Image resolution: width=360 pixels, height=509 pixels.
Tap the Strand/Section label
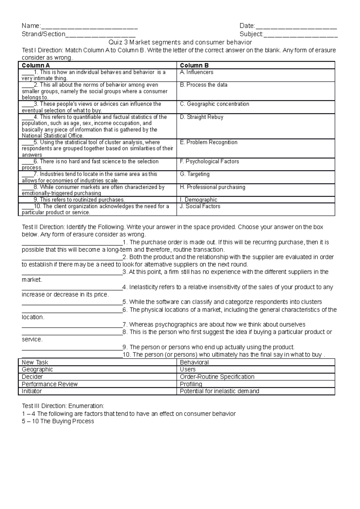tap(43, 34)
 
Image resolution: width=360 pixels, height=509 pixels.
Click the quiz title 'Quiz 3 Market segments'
tap(180, 42)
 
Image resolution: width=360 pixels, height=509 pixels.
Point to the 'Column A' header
tap(36, 65)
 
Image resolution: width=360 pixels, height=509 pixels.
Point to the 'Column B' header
tap(194, 65)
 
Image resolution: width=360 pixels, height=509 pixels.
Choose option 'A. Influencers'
tap(196, 72)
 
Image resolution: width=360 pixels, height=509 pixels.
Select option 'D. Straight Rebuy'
tap(202, 117)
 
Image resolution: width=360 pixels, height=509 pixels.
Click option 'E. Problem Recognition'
tap(208, 142)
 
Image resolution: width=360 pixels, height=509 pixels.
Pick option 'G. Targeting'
tap(195, 174)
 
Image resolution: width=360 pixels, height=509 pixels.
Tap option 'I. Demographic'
tap(199, 200)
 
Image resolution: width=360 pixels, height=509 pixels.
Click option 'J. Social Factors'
tap(200, 206)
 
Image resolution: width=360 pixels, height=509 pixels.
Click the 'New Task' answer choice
tap(35, 362)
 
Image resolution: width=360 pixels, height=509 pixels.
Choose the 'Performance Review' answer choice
tap(50, 384)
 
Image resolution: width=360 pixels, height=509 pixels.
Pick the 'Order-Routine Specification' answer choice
tap(217, 377)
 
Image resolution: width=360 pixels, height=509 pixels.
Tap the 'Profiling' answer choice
tap(191, 384)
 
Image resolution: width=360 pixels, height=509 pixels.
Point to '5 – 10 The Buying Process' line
tap(58, 421)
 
